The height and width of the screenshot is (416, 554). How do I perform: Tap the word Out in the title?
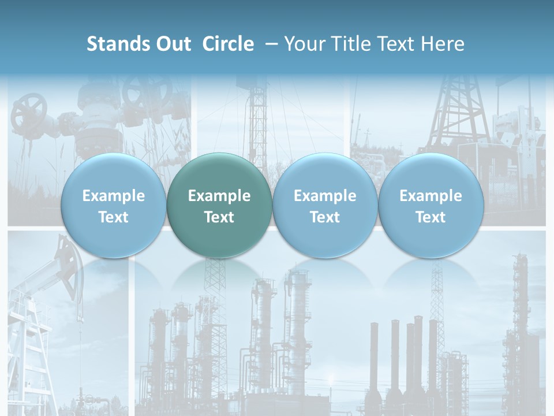point(174,44)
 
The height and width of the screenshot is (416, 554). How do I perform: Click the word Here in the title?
point(443,44)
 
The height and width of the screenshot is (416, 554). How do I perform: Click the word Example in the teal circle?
point(219,196)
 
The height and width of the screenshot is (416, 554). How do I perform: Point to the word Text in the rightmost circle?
point(431,217)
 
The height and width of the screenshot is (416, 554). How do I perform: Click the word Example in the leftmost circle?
point(114,196)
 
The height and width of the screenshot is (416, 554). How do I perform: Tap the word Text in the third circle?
point(325,217)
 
